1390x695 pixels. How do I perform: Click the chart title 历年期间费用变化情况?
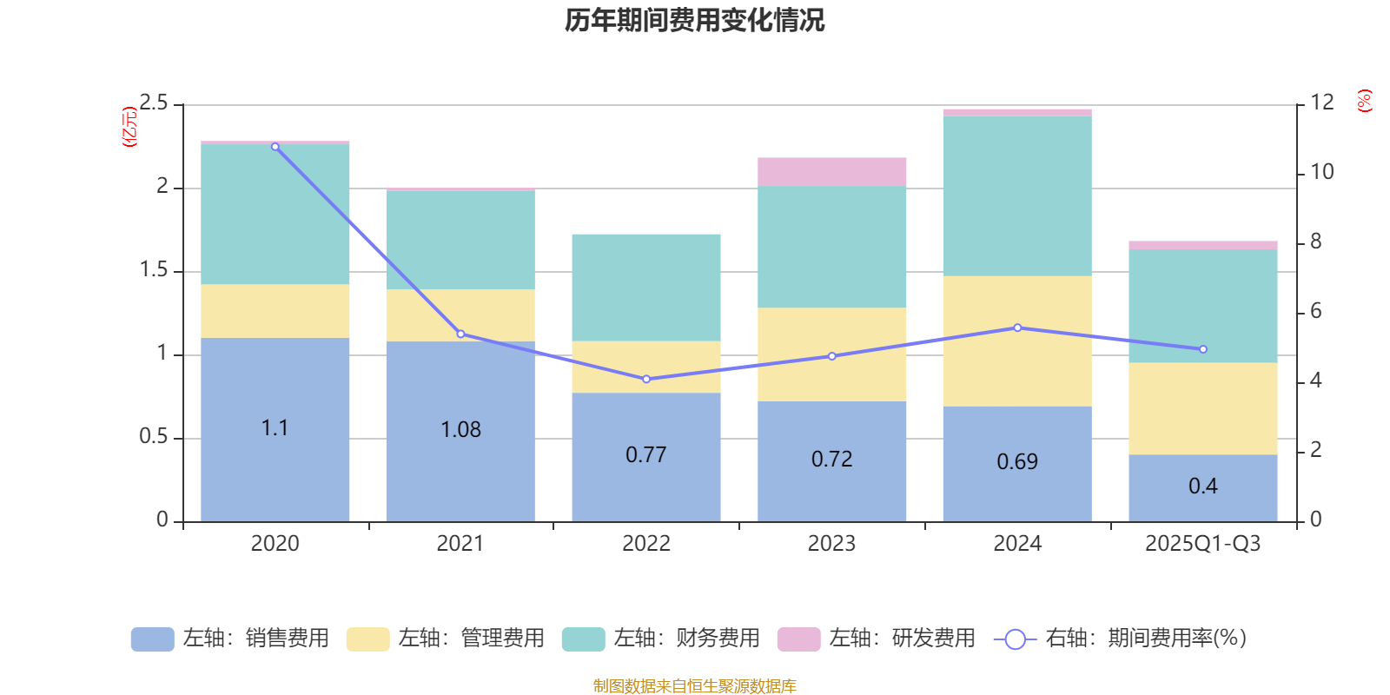coord(694,20)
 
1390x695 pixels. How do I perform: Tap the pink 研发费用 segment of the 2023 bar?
coord(831,172)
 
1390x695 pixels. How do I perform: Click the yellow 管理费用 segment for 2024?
coord(1016,341)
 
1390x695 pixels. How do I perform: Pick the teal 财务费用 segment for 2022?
coord(645,287)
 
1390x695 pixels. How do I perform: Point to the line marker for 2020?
coord(275,147)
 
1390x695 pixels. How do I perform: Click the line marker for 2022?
coord(646,380)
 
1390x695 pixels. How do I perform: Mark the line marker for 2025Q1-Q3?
coord(1203,349)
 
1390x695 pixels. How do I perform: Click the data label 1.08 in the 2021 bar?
coord(460,430)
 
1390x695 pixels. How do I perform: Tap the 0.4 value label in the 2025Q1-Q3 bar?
coord(1203,486)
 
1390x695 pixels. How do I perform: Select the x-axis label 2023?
coord(831,544)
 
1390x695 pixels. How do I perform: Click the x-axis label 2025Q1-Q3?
coord(1202,544)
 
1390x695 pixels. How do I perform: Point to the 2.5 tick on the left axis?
coord(154,103)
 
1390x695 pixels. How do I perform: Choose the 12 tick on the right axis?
coord(1322,103)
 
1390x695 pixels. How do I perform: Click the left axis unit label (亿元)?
coord(130,127)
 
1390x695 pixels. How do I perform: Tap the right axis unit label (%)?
coord(1364,101)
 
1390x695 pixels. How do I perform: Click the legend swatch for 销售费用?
coord(152,639)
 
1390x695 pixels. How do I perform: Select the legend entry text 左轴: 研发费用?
coord(902,639)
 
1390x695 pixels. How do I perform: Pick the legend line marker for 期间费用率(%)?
coord(1015,639)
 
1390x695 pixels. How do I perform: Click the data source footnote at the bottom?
coord(694,686)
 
